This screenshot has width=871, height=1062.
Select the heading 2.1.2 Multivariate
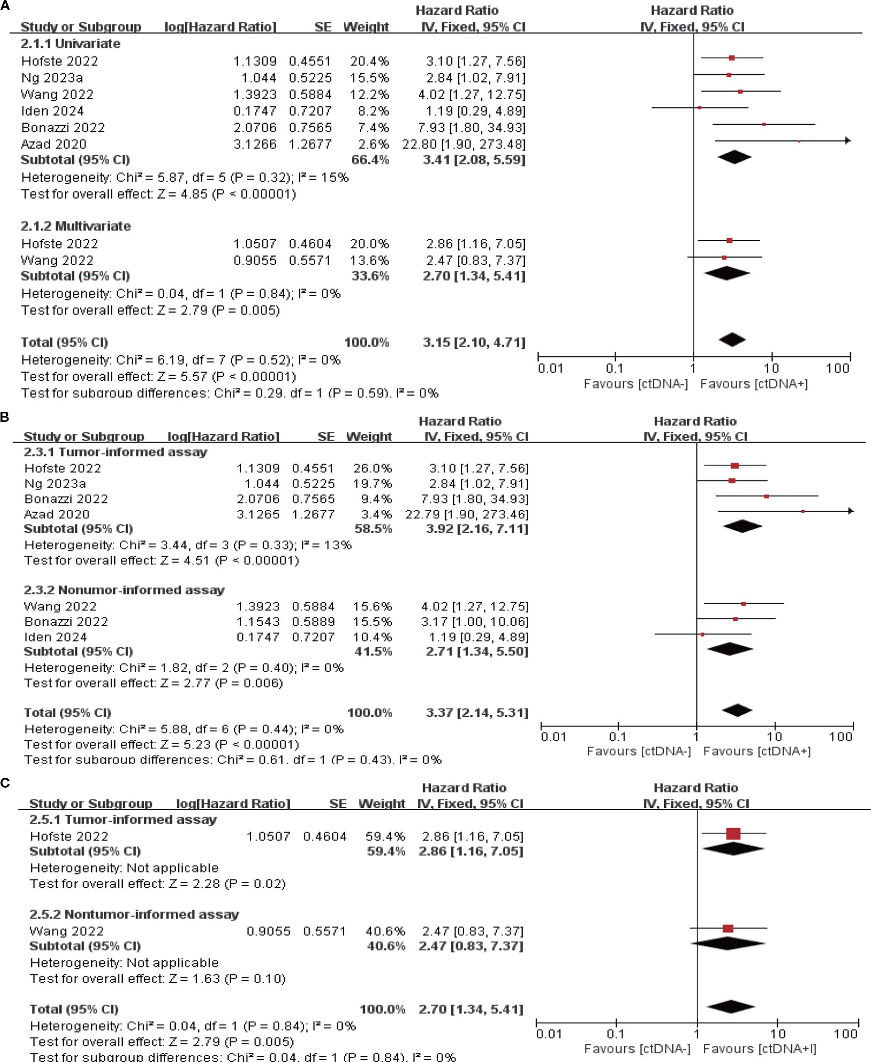pos(76,226)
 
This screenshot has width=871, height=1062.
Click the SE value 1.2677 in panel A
pos(310,145)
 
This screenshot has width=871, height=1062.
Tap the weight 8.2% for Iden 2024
pos(370,111)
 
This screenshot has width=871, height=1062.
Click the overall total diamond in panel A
pos(732,340)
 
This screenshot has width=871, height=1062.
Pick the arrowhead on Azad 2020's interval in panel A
pos(848,140)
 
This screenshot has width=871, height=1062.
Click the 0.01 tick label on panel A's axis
pos(551,369)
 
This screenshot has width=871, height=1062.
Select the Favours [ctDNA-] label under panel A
pos(636,385)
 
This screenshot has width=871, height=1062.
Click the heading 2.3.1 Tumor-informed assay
pos(116,452)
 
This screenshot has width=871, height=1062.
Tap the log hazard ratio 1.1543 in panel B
pos(258,622)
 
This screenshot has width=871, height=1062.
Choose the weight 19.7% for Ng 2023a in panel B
pos(373,484)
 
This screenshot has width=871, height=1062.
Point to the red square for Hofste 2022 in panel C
pos(733,834)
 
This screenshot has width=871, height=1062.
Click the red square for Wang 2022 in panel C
pos(728,929)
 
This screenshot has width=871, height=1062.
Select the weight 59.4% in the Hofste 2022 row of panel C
pos(385,837)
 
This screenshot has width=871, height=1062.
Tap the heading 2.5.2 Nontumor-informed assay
pos(134,914)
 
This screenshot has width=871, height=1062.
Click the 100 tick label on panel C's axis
pos(845,1034)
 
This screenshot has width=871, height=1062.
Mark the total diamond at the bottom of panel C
pos(731,1007)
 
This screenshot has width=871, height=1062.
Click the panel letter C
pos(6,783)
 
